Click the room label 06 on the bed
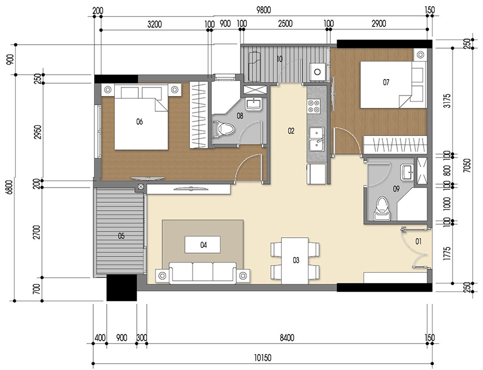point(140,121)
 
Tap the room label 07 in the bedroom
point(386,82)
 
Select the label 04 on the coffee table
point(203,245)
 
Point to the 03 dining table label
point(295,260)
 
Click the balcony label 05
point(121,236)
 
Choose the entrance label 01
point(419,242)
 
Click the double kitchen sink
point(316,139)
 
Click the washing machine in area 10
point(318,72)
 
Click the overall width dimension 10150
point(263,358)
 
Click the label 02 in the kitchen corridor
point(291,131)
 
